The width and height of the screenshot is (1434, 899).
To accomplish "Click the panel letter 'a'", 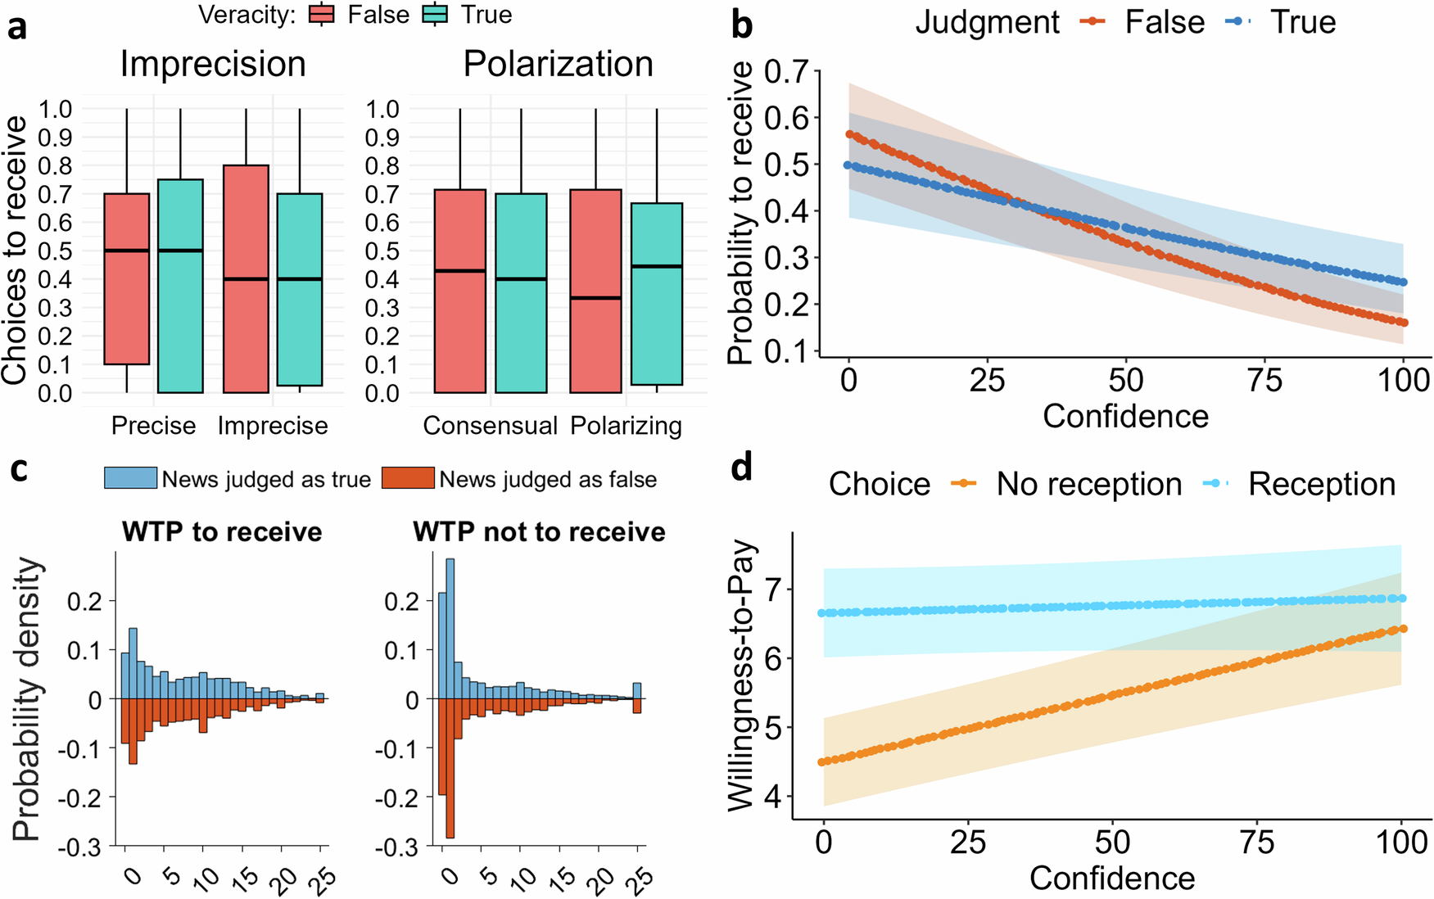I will (x=16, y=26).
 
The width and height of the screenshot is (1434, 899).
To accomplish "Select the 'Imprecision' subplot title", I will (x=213, y=64).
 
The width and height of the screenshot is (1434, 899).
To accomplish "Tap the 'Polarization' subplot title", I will (x=558, y=64).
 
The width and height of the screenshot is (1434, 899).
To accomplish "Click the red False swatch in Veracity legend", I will (x=322, y=15).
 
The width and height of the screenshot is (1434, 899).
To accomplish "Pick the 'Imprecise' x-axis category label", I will (x=273, y=426).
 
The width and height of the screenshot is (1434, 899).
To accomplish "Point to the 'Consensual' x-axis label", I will (x=490, y=426).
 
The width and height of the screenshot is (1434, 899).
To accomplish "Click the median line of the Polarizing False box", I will (x=595, y=298).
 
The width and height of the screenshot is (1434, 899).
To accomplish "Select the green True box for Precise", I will (x=180, y=286).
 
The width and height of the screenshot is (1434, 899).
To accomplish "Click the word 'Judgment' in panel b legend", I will (x=987, y=22).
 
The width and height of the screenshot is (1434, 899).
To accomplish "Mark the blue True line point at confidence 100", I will (x=1403, y=282).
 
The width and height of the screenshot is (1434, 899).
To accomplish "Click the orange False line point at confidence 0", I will (x=849, y=134).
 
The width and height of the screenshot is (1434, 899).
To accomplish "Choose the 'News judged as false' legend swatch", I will (x=408, y=478).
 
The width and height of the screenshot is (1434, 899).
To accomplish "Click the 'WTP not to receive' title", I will (x=539, y=532).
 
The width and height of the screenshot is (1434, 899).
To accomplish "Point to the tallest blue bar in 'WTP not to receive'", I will (x=450, y=628).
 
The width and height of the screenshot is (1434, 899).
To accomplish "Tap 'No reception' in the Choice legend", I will (x=1088, y=484).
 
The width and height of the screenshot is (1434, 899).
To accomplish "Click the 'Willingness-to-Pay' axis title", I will (x=741, y=675).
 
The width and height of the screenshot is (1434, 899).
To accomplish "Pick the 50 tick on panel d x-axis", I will (x=1112, y=843).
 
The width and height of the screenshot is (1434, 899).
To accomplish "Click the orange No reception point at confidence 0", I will (x=824, y=761).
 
